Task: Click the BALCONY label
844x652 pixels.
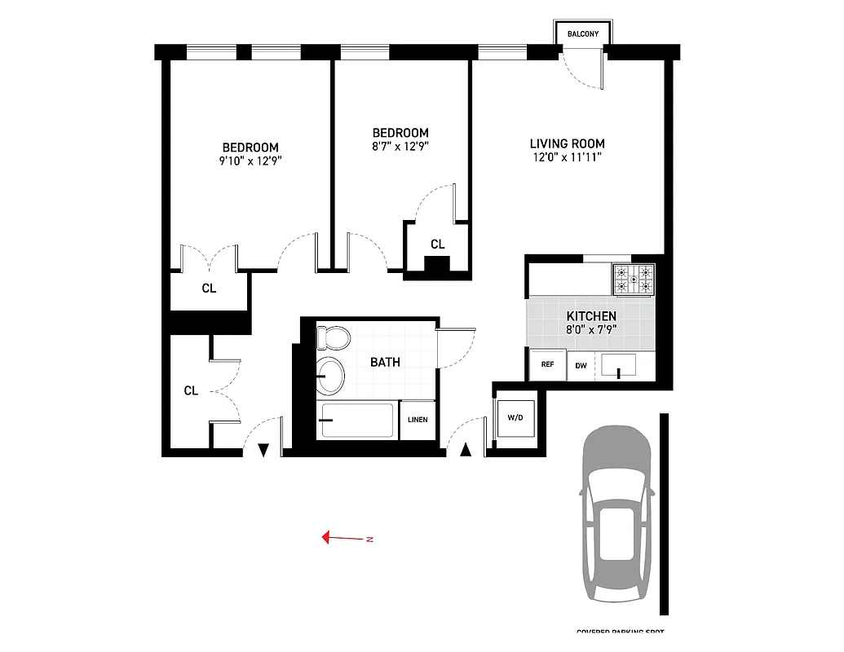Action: coord(583,34)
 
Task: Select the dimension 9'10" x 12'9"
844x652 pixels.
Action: coord(250,161)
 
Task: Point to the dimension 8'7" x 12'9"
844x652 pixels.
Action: coord(400,147)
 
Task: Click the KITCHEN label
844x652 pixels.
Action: coord(591,316)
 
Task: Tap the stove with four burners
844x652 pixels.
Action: coord(634,280)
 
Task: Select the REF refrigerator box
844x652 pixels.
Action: coord(547,365)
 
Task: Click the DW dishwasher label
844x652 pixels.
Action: coord(581,366)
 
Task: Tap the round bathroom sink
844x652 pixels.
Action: coord(330,375)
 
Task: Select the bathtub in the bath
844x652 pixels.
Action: coord(356,421)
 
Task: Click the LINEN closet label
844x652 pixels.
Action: coord(418,421)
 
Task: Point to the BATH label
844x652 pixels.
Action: coord(385,362)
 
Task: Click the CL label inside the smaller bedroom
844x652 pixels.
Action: coord(437,244)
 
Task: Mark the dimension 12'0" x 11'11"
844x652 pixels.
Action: coord(566,157)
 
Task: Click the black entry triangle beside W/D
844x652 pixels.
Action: coord(466,449)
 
